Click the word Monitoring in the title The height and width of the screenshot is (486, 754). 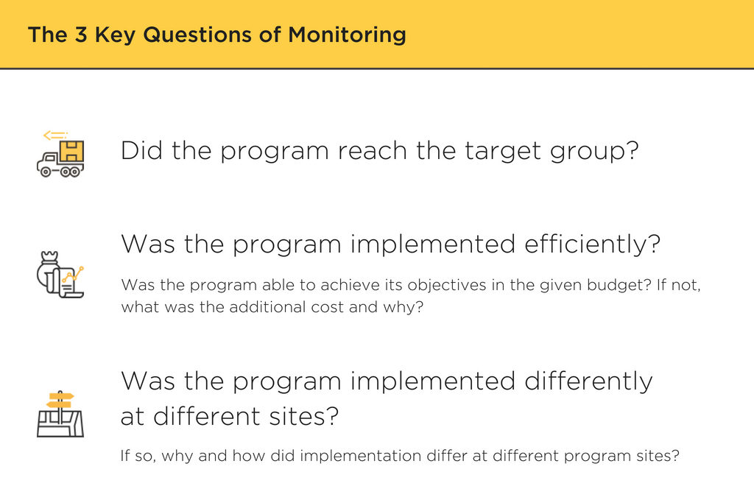click(347, 35)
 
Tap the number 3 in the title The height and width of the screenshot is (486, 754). click(80, 35)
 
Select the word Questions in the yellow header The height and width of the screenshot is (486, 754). click(197, 35)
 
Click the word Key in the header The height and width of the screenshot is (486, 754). click(116, 35)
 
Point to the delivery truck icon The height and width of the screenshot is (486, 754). click(60, 154)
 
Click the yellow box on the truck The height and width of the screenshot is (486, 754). click(71, 151)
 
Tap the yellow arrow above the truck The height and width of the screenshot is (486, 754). click(54, 135)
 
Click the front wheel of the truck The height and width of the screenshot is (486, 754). click(45, 172)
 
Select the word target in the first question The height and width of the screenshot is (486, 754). click(502, 152)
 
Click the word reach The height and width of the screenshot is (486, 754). click(372, 150)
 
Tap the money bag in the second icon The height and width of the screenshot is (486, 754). click(48, 270)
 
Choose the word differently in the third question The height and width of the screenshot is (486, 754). click(588, 381)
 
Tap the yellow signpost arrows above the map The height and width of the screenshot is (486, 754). click(60, 400)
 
